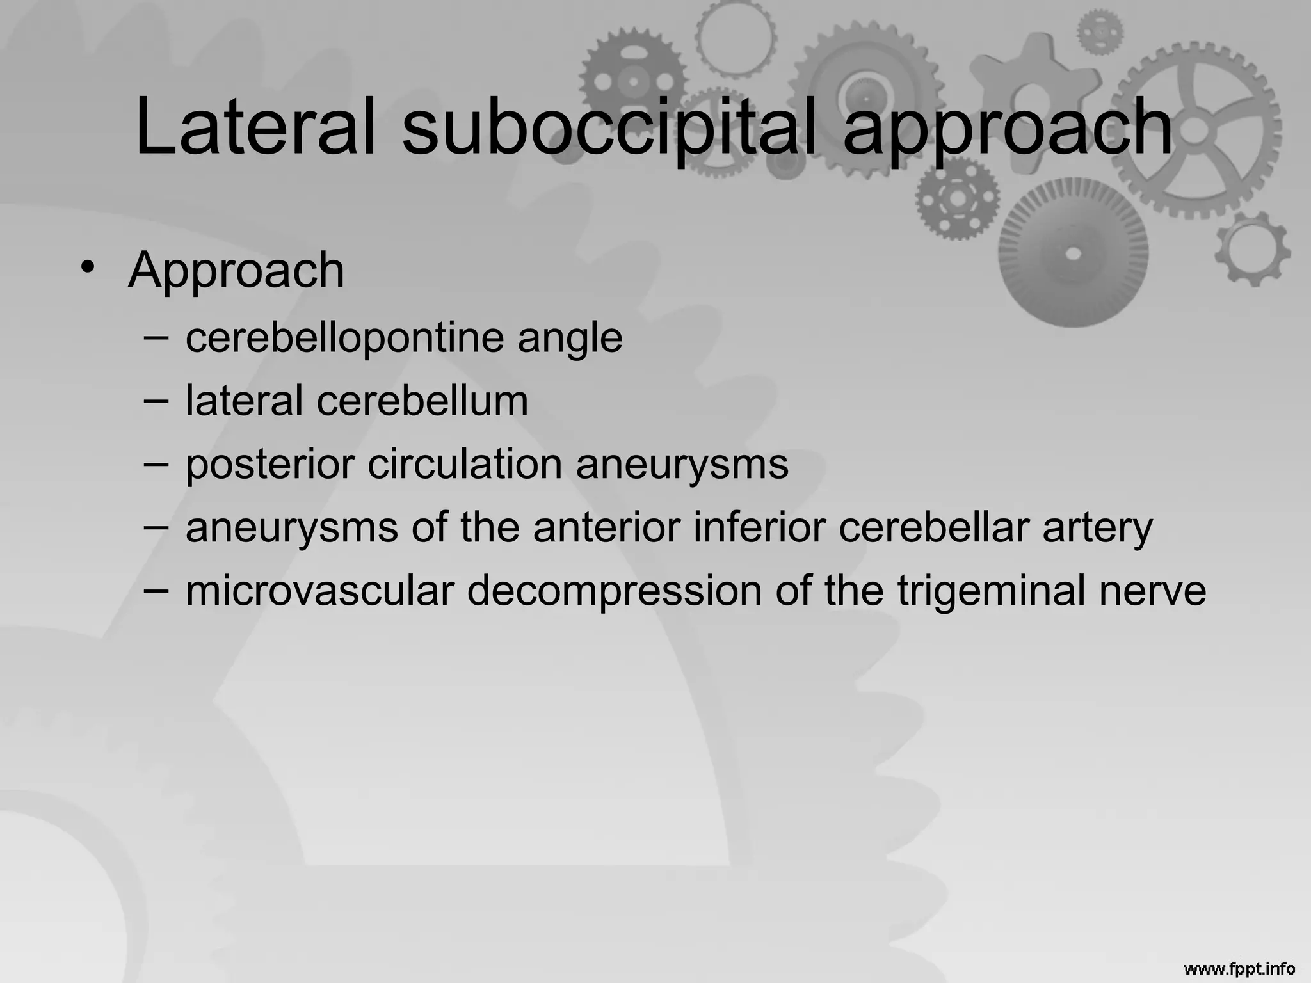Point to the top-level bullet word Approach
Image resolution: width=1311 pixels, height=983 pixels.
pos(236,270)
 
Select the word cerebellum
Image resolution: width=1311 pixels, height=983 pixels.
pos(422,401)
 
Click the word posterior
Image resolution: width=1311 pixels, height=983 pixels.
pos(269,464)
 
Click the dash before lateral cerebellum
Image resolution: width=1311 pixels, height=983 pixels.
pos(156,401)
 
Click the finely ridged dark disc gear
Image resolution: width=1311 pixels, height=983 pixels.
pos(1074,253)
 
